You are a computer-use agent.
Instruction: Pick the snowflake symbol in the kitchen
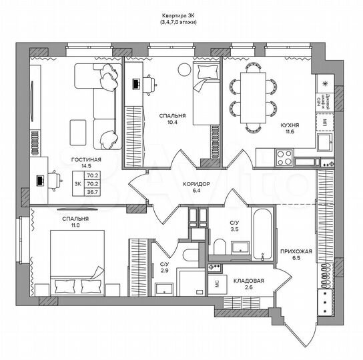325,83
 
